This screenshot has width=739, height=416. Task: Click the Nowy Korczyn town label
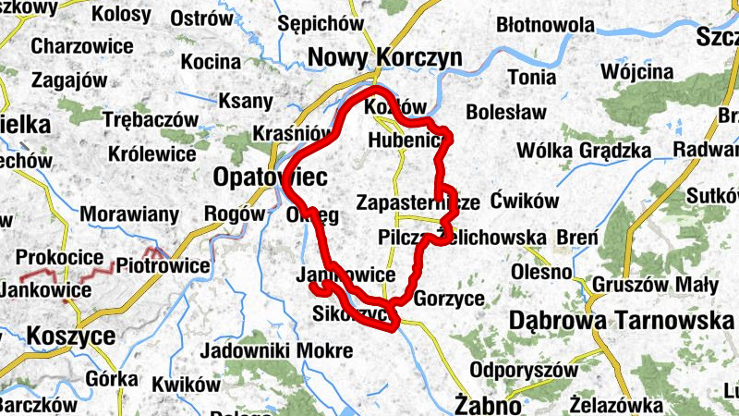(x=384, y=57)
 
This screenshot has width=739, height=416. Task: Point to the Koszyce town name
(x=71, y=336)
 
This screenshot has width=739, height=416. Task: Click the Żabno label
(x=485, y=402)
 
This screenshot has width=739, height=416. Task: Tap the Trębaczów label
(x=151, y=120)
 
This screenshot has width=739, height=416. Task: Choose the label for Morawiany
(x=129, y=215)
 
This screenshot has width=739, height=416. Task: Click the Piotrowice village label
(x=164, y=265)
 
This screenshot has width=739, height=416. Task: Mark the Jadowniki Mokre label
(x=276, y=350)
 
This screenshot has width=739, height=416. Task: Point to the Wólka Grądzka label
(x=584, y=150)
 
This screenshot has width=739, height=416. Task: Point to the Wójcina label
(x=636, y=72)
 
